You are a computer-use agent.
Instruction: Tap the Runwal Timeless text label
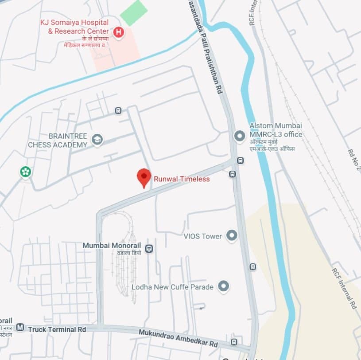click(x=182, y=179)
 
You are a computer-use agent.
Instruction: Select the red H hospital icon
click(x=118, y=32)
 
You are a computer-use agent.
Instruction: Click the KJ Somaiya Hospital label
click(x=74, y=27)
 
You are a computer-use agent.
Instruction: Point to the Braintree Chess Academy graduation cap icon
click(x=97, y=140)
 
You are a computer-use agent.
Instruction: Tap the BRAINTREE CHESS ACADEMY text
click(x=58, y=141)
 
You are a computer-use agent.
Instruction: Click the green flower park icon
click(x=26, y=172)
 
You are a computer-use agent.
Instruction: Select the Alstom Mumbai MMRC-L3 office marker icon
click(x=240, y=136)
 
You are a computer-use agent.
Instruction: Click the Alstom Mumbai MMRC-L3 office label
click(x=276, y=130)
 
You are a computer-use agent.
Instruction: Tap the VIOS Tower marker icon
click(x=231, y=236)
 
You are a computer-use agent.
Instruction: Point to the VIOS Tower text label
click(x=202, y=236)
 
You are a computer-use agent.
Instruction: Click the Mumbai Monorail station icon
click(x=150, y=248)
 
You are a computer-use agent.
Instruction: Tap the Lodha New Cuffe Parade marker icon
click(x=224, y=287)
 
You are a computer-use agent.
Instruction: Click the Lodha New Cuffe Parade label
click(x=172, y=287)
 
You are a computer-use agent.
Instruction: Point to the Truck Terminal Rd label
click(x=57, y=329)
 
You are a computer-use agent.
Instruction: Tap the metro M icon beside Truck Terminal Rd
click(x=19, y=328)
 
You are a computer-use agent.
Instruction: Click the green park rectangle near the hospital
click(x=134, y=13)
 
